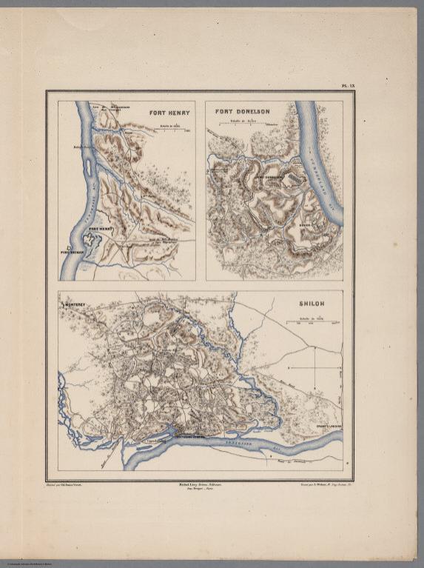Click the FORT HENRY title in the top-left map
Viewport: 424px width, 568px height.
coord(169,113)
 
